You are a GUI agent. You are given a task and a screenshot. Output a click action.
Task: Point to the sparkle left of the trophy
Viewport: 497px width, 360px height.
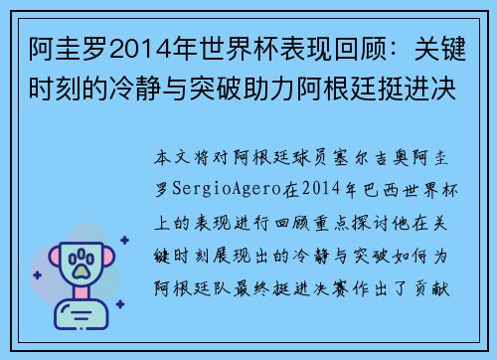pyautogui.click(x=36, y=278)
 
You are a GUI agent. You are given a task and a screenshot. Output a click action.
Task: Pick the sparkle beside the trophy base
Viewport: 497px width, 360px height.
pyautogui.click(x=116, y=307)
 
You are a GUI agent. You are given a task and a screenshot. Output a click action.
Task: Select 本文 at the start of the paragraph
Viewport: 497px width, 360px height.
pyautogui.click(x=174, y=158)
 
